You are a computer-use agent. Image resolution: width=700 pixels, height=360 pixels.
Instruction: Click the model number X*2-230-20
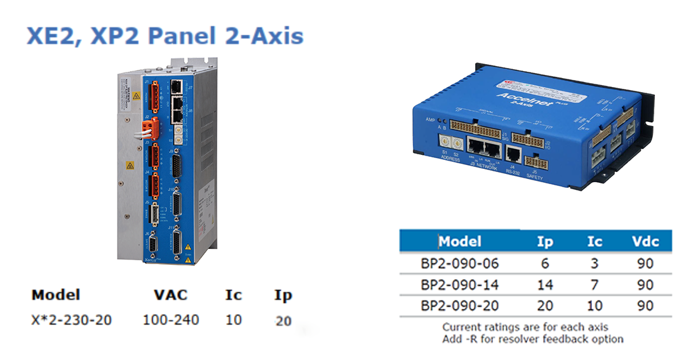click(x=71, y=319)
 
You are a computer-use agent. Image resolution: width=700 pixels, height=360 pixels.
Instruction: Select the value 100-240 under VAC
click(x=171, y=319)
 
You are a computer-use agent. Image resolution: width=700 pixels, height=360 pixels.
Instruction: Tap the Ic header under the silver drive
click(x=233, y=296)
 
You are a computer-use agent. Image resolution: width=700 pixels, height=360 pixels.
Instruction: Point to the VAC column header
click(x=170, y=296)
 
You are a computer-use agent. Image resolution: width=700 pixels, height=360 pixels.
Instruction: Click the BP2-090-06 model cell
click(x=460, y=263)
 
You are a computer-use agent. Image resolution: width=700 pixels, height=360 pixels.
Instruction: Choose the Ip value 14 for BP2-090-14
click(x=544, y=284)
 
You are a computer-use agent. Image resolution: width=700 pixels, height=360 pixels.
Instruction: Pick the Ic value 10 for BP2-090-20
click(x=595, y=305)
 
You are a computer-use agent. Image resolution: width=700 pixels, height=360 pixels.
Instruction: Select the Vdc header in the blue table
click(x=645, y=241)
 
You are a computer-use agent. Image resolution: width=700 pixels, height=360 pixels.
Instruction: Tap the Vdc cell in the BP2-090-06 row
click(x=645, y=263)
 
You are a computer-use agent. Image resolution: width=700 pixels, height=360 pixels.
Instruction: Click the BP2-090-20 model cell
click(x=460, y=305)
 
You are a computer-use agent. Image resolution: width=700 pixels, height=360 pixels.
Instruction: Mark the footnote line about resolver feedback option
click(x=532, y=339)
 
